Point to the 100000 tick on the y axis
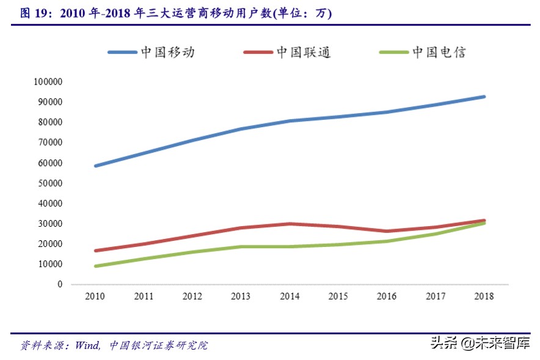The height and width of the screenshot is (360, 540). click(48, 82)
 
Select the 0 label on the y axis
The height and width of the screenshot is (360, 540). click(59, 285)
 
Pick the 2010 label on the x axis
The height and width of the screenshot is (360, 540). click(95, 296)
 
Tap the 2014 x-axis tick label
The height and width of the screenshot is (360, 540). click(290, 296)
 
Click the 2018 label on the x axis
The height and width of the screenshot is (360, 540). click(484, 296)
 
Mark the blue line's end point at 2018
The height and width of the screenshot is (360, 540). click(484, 97)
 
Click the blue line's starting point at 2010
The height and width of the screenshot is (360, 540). click(95, 166)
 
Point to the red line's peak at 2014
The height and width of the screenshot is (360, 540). click(290, 224)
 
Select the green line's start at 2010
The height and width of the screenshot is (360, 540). click(95, 266)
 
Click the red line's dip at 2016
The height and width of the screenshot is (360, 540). click(387, 231)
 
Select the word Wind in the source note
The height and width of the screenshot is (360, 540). click(87, 345)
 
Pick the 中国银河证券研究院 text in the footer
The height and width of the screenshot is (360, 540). click(159, 345)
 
